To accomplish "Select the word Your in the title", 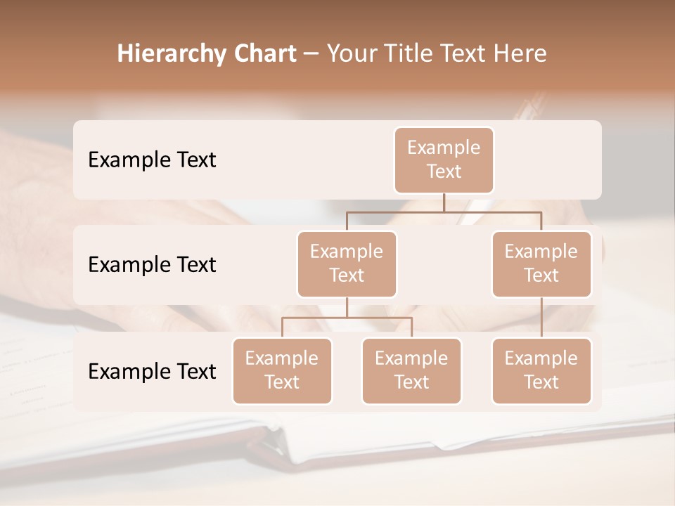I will pos(352,54).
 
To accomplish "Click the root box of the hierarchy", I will pos(444,160).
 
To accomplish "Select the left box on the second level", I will pos(347,264).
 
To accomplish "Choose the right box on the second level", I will pos(541,264).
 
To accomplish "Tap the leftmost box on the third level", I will pos(282,370).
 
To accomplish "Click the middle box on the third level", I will pos(411,370).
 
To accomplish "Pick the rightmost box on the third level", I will pos(541,370).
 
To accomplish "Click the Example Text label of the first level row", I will pos(152,160).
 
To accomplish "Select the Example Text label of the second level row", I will pos(152,265).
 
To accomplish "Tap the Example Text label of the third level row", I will pos(152,371).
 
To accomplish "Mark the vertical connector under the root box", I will pos(444,202).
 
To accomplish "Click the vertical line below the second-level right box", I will pos(541,318).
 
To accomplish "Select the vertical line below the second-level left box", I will pos(347,307).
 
